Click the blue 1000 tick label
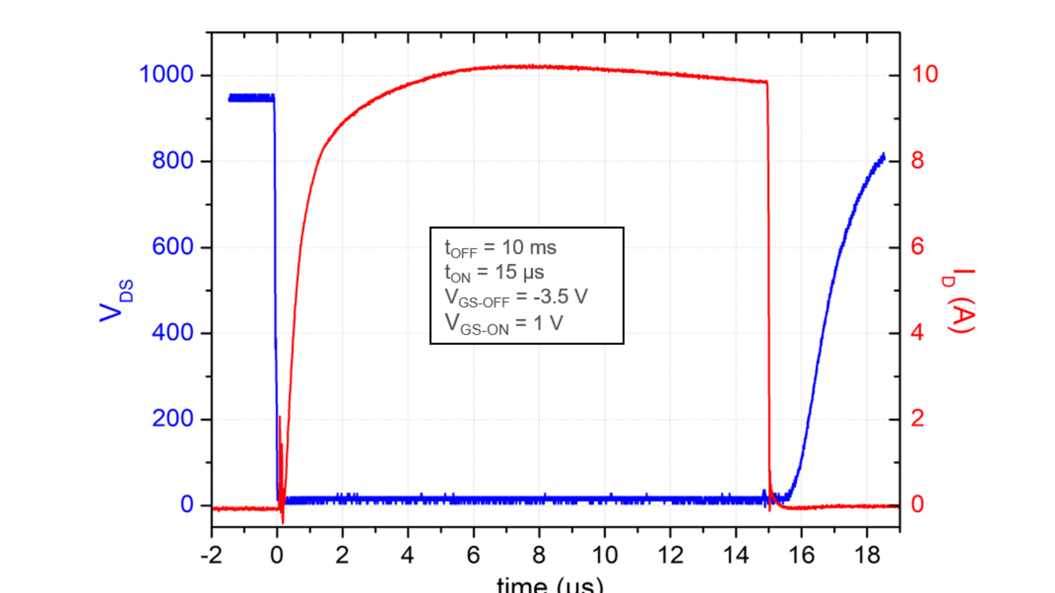tap(166, 75)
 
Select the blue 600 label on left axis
tap(173, 247)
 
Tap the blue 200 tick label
tap(173, 418)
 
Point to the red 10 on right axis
tap(925, 75)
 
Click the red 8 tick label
tap(918, 161)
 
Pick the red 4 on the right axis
tap(918, 333)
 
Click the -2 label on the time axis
tap(211, 556)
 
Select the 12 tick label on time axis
tap(670, 556)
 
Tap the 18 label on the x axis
tap(867, 556)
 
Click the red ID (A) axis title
tap(959, 301)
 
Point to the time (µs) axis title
tap(549, 584)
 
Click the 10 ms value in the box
tap(529, 248)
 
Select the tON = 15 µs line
tap(495, 272)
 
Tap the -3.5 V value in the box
tap(560, 296)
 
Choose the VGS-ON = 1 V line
tap(504, 323)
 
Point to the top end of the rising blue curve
tap(883, 156)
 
